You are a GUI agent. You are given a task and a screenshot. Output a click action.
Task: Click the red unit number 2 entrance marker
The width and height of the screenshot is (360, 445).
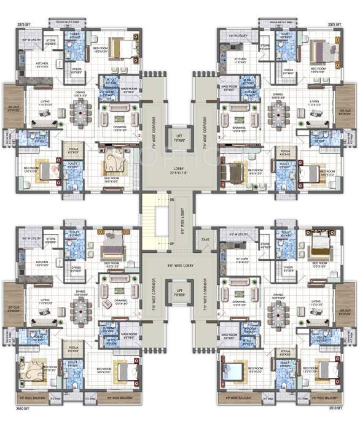pyautogui.click(x=139, y=136)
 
